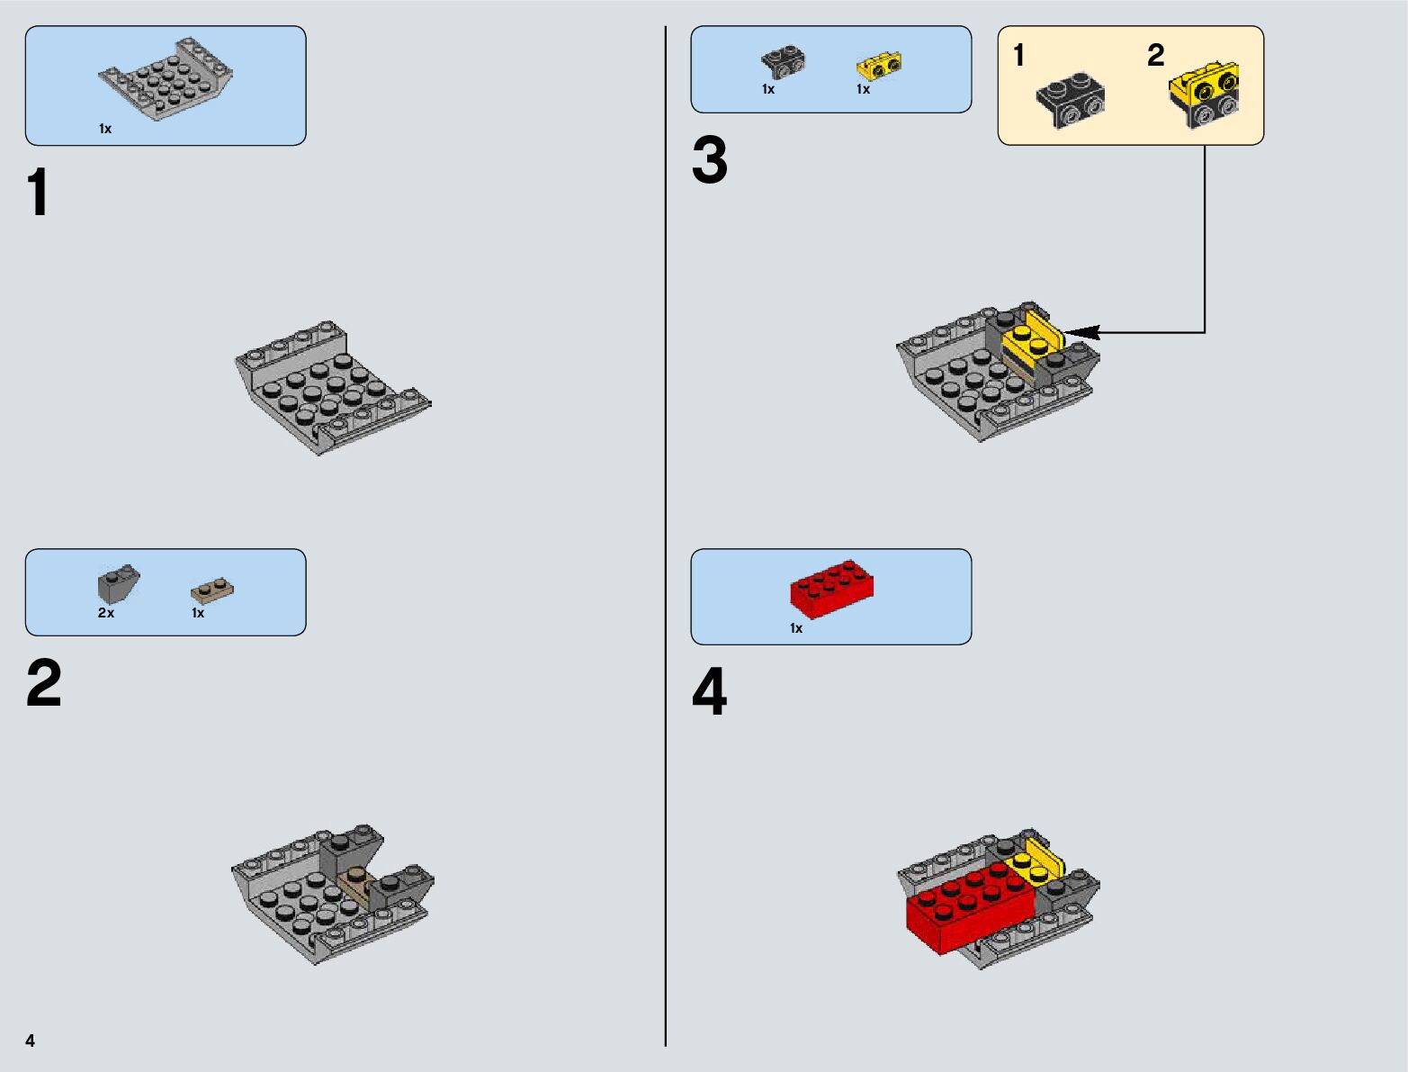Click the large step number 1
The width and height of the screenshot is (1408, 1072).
coord(38,194)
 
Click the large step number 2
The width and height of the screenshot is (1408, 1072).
coord(43,684)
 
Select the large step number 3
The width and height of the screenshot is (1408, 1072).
coord(709,162)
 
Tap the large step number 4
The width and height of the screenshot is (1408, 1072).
coord(709,693)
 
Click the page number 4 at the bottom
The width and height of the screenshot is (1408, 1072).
coord(31,1040)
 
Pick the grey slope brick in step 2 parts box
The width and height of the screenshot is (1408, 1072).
coord(118,585)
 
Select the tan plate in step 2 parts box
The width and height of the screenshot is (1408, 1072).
coord(213,590)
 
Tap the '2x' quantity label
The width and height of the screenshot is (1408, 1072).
coord(106,613)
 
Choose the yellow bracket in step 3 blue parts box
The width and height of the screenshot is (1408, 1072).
coord(879,66)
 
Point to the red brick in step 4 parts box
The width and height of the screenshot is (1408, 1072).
coord(831,589)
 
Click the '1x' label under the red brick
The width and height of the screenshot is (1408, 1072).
coord(796,628)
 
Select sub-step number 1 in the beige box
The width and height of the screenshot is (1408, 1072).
coord(1018,56)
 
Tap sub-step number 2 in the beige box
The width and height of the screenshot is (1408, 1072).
coord(1156,56)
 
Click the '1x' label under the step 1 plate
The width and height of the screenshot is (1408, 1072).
coord(105,129)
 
